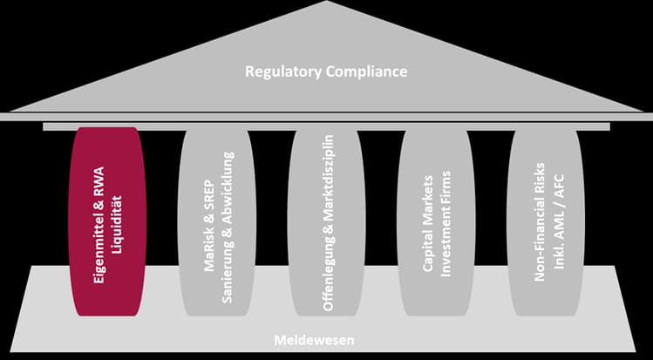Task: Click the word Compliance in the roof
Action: pos(364,71)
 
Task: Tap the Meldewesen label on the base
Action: pos(326,339)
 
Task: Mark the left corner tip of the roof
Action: pos(7,113)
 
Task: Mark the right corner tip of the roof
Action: pos(646,113)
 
